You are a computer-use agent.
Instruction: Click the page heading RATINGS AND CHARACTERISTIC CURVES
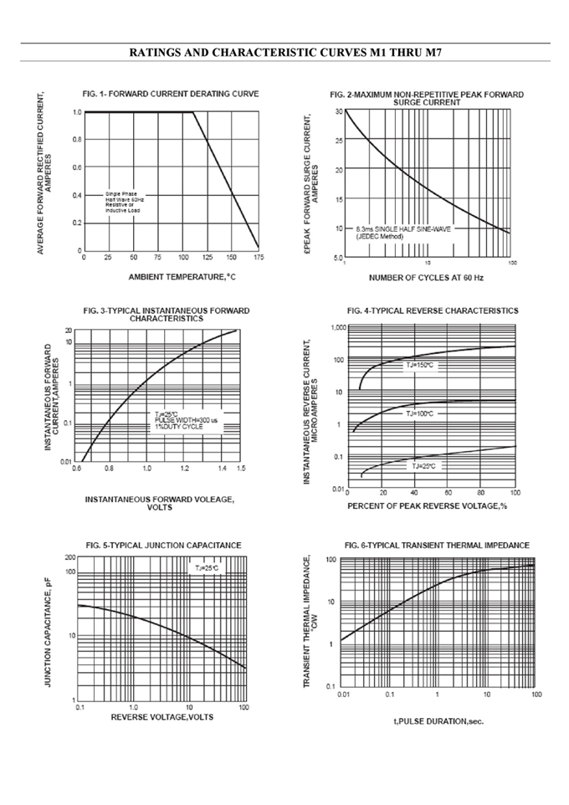click(x=285, y=53)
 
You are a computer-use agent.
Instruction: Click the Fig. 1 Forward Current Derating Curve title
click(x=171, y=93)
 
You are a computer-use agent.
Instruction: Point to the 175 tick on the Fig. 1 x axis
click(x=258, y=258)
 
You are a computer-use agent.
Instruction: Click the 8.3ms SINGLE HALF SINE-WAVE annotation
click(x=401, y=228)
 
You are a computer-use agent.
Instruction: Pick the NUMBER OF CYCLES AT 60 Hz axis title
click(x=427, y=277)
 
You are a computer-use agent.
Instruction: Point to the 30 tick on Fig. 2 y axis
click(x=338, y=110)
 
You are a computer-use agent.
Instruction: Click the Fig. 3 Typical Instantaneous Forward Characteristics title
click(x=167, y=314)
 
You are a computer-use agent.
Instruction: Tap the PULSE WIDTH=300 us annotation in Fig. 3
click(x=185, y=420)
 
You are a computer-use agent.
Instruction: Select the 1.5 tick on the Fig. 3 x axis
click(x=241, y=469)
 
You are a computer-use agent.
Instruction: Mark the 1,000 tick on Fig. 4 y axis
click(x=335, y=328)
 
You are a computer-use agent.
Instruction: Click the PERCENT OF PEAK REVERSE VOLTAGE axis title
click(x=428, y=506)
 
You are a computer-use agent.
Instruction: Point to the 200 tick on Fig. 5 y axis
click(x=70, y=556)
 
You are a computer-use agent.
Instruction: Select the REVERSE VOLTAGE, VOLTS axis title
click(x=161, y=717)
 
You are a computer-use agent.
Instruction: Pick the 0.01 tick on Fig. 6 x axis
click(x=343, y=694)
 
